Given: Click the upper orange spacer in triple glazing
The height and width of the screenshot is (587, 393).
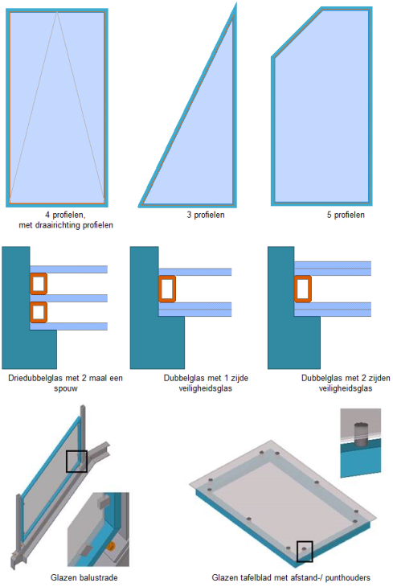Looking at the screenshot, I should pos(39,283).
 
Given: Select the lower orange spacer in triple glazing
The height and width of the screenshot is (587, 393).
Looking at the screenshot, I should pos(39,311).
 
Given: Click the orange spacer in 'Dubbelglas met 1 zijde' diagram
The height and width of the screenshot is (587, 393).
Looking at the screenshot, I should pos(167,289).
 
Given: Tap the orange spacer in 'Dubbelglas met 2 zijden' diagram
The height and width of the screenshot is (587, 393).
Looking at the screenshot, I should pos(303,288).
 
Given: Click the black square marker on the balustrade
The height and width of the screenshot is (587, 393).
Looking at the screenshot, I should pos(76,461).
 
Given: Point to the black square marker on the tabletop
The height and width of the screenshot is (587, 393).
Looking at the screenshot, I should pos(305,551).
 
